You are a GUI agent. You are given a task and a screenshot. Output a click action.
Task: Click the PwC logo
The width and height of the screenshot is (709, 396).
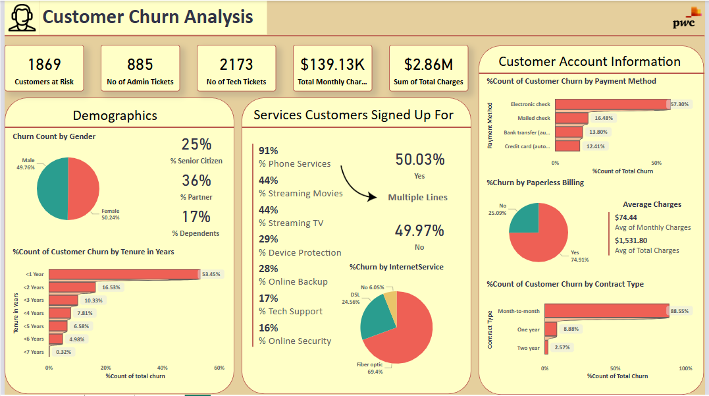pos(687,18)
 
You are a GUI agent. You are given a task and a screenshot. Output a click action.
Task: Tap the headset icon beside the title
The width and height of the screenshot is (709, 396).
pos(22,18)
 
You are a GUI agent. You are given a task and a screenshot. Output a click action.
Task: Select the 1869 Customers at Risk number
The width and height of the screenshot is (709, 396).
pos(44,64)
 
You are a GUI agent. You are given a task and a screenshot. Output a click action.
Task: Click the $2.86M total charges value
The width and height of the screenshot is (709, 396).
pos(429,64)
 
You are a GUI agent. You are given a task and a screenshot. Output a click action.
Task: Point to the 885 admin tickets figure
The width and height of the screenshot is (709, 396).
pos(140,64)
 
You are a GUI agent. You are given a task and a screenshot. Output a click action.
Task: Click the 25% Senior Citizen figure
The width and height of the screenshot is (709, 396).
pos(196,144)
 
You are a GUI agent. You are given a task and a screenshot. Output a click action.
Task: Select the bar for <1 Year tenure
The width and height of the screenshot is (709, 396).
pos(124,274)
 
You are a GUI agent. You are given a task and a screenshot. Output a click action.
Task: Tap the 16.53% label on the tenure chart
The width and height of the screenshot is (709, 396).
pos(111,287)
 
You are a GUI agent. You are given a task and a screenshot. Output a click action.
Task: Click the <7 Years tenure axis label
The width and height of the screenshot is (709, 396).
pos(34,353)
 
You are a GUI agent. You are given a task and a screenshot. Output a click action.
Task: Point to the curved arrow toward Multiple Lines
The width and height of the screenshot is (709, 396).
pos(355,184)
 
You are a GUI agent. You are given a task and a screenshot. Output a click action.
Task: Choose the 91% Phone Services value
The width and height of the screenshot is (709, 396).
pos(269,150)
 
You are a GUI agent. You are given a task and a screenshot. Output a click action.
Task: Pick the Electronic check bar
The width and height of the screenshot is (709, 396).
pos(612,104)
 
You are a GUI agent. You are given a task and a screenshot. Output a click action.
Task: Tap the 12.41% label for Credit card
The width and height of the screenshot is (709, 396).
pos(594,146)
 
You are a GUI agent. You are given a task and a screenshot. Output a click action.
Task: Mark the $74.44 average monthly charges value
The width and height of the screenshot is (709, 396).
pos(626,217)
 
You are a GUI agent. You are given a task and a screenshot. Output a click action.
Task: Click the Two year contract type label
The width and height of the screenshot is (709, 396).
pos(528,348)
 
